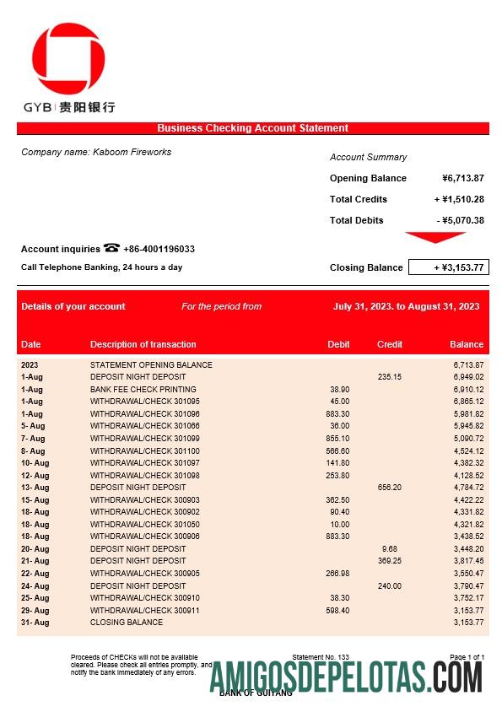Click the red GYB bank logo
pyautogui.click(x=68, y=59)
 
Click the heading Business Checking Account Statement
pyautogui.click(x=252, y=128)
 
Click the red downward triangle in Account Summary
pyautogui.click(x=435, y=237)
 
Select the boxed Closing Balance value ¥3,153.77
pyautogui.click(x=448, y=267)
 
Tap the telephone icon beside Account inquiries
pyautogui.click(x=111, y=248)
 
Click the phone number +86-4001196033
pyautogui.click(x=159, y=249)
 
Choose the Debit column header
pyautogui.click(x=338, y=344)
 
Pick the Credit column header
pyautogui.click(x=389, y=344)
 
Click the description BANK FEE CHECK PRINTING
pyautogui.click(x=138, y=389)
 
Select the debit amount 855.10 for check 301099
pyautogui.click(x=337, y=439)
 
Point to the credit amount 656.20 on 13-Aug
pyautogui.click(x=389, y=488)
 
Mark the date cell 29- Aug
pyautogui.click(x=35, y=610)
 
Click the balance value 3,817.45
pyautogui.click(x=466, y=561)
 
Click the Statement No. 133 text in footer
pyautogui.click(x=320, y=656)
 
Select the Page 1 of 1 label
pyautogui.click(x=467, y=656)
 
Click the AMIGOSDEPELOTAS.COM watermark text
pyautogui.click(x=346, y=677)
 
